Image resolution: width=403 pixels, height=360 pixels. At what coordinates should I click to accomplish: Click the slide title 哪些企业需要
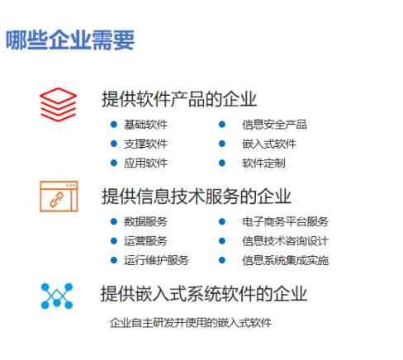click(x=70, y=40)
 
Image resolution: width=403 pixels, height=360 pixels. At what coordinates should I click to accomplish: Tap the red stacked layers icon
click(x=58, y=105)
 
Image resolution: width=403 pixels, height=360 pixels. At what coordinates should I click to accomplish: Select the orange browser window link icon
click(x=59, y=197)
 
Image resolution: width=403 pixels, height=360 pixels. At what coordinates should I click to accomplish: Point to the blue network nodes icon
click(x=57, y=296)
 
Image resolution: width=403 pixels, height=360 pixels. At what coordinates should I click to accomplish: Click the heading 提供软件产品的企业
click(x=179, y=99)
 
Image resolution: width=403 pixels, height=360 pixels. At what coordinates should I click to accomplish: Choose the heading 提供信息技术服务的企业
click(x=197, y=197)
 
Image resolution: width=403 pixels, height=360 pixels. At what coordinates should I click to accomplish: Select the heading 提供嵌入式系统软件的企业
click(x=204, y=294)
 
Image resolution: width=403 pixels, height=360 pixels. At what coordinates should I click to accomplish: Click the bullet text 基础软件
click(x=145, y=125)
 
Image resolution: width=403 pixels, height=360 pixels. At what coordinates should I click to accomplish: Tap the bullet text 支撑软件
click(x=145, y=144)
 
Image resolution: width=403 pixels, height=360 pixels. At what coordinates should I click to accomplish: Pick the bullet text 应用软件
click(x=145, y=163)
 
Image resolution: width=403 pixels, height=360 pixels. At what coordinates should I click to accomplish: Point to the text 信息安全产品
click(x=274, y=125)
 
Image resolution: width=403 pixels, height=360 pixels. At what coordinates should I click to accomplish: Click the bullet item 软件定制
click(x=263, y=163)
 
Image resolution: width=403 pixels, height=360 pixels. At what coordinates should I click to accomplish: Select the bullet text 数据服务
click(x=145, y=221)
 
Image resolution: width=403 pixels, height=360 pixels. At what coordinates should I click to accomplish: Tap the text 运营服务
click(x=145, y=241)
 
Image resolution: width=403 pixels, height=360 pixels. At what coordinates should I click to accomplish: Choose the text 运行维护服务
click(x=156, y=260)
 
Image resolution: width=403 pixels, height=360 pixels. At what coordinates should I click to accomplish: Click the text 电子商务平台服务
click(x=285, y=221)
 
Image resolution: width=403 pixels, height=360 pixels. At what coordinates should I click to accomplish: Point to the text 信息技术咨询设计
click(x=285, y=241)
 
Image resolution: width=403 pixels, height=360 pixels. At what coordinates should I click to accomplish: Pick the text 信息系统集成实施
click(x=285, y=260)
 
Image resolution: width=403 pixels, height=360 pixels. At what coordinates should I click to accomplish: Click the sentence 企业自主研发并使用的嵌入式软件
click(x=191, y=323)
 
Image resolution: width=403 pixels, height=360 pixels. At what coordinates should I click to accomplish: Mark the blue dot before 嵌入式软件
click(x=222, y=144)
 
